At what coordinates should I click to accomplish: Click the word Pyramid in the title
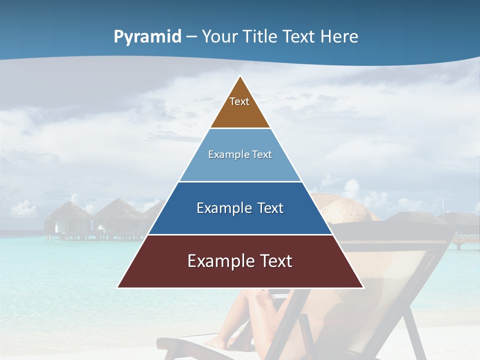click(147, 37)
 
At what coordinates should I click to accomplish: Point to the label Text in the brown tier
click(239, 101)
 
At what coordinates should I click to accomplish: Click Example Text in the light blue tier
click(240, 154)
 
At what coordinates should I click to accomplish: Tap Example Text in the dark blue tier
click(240, 208)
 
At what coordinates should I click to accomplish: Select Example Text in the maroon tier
click(240, 261)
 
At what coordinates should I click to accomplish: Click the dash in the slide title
click(191, 37)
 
